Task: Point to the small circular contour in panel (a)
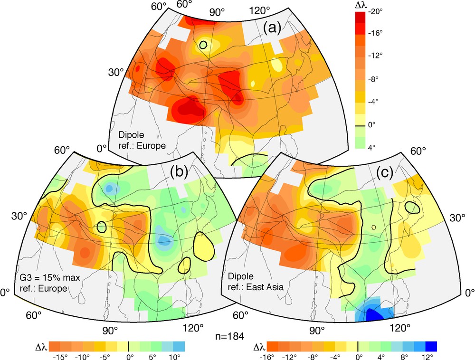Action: [203, 45]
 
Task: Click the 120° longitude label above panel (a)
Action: [260, 9]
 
